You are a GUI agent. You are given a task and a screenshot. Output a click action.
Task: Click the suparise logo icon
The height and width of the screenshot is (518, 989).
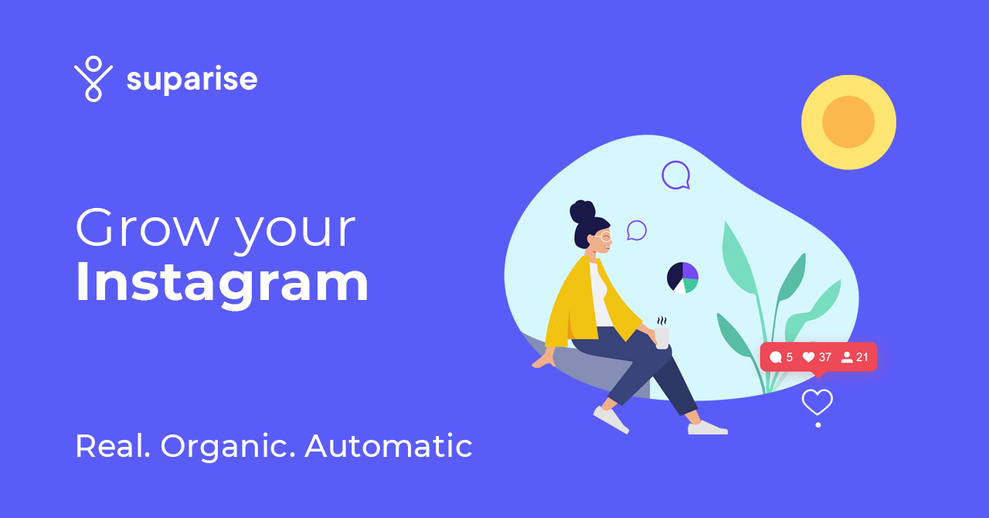[93, 79]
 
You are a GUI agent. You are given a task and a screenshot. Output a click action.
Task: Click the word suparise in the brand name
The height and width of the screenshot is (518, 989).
[192, 80]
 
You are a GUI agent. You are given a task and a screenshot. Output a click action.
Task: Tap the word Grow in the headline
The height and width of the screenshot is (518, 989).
[148, 228]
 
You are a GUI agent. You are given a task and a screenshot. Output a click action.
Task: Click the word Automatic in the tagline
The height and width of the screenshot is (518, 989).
[389, 445]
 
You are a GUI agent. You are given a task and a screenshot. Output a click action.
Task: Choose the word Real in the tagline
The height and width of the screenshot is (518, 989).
[113, 445]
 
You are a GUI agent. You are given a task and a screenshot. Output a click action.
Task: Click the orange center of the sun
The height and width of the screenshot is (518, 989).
[848, 122]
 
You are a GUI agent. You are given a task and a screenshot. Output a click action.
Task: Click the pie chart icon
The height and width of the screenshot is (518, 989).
[682, 278]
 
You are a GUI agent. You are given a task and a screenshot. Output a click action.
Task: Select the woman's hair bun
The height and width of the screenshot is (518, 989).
[583, 211]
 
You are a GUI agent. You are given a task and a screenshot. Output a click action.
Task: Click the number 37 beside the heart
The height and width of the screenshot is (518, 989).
[824, 357]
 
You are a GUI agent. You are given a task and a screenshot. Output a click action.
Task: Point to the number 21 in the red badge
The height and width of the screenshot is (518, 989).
[862, 357]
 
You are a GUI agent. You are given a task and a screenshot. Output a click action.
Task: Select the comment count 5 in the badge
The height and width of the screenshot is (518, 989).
[790, 357]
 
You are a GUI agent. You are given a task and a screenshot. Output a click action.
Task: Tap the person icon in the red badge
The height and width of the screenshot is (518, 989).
[847, 357]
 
